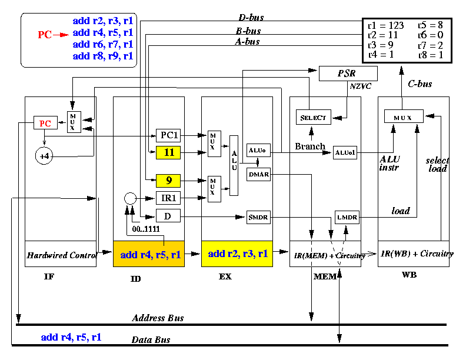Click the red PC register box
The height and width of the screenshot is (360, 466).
(45, 123)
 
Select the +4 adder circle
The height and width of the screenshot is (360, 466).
(44, 156)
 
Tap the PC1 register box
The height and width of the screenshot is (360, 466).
(168, 135)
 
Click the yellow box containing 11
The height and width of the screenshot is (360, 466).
(168, 153)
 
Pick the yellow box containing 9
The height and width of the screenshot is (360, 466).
(168, 181)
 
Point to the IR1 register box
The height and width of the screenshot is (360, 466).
(168, 198)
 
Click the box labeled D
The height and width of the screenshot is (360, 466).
(168, 216)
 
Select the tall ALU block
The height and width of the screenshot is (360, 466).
(234, 165)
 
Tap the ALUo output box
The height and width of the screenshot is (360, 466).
(258, 151)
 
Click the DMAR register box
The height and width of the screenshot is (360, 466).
(258, 174)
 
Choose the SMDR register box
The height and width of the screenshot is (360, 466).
(258, 217)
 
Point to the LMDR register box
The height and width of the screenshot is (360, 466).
(347, 217)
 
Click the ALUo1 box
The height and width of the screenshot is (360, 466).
(345, 153)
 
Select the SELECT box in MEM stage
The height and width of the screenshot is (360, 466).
(314, 117)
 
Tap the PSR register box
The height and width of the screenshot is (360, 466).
(348, 74)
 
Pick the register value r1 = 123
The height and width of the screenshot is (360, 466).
(386, 25)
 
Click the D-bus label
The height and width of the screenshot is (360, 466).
(251, 18)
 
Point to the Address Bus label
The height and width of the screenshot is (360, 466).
(158, 318)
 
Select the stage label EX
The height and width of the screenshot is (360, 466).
(225, 276)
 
